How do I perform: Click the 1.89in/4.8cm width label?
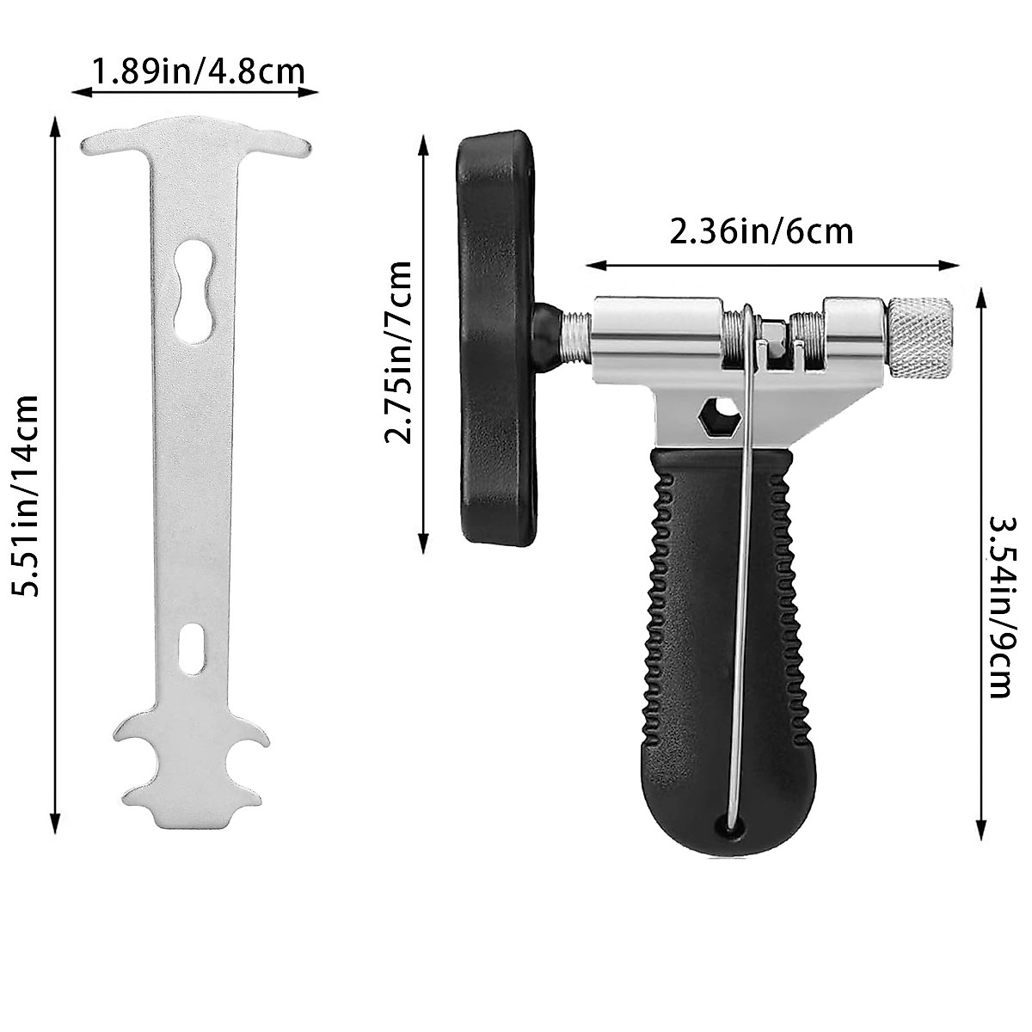tap(198, 70)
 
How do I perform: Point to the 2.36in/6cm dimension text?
tap(761, 231)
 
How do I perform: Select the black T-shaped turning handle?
tap(494, 340)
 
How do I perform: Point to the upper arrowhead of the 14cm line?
tap(57, 126)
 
